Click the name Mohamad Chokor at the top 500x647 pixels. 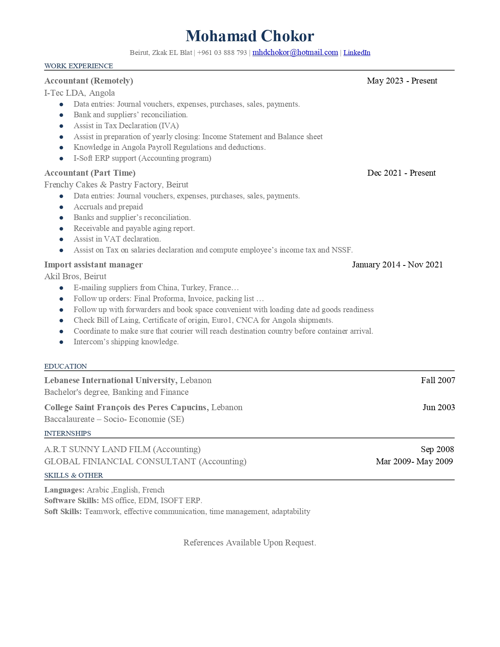(x=250, y=36)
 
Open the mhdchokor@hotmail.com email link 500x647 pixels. (x=295, y=53)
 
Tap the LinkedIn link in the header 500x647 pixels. (x=356, y=53)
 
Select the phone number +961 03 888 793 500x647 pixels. (x=222, y=53)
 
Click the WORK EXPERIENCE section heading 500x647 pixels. (x=78, y=66)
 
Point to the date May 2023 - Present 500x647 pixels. (x=402, y=81)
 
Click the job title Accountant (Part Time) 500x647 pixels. (x=90, y=173)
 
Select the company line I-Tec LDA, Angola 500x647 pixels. (x=80, y=93)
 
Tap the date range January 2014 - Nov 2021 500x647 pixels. (x=397, y=265)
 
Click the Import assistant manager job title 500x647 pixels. (x=93, y=265)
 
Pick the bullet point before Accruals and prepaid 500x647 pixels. (x=62, y=207)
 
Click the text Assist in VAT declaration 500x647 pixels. (x=117, y=239)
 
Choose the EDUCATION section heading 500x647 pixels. (x=65, y=366)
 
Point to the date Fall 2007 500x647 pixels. (x=438, y=380)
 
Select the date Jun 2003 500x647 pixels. (x=438, y=407)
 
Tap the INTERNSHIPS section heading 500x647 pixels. (x=67, y=433)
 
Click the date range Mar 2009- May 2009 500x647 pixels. (x=414, y=462)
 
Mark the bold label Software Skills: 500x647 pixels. (x=71, y=501)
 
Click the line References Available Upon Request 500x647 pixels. (x=250, y=543)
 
